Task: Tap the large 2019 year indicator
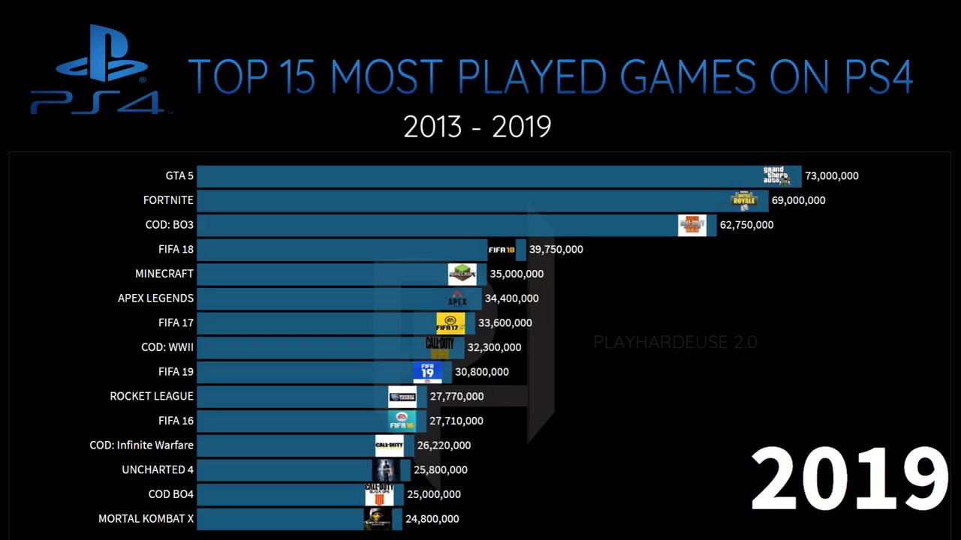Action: [x=848, y=478]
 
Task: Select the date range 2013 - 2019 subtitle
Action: [x=477, y=127]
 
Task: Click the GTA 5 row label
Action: [x=179, y=176]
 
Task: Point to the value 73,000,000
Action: [x=831, y=176]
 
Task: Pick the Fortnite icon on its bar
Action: [x=744, y=200]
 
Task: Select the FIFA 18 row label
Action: [x=176, y=249]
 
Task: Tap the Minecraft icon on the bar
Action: [x=462, y=274]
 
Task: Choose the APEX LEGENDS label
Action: [x=155, y=298]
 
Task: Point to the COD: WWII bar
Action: [x=315, y=347]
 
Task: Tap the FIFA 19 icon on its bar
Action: [x=427, y=372]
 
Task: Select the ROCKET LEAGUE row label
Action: [x=152, y=396]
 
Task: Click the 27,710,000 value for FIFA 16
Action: [x=456, y=421]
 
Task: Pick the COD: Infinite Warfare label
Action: [x=141, y=445]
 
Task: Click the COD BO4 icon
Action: [x=379, y=494]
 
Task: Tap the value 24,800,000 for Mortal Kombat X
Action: [x=432, y=519]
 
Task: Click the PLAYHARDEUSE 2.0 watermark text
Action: [x=675, y=343]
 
